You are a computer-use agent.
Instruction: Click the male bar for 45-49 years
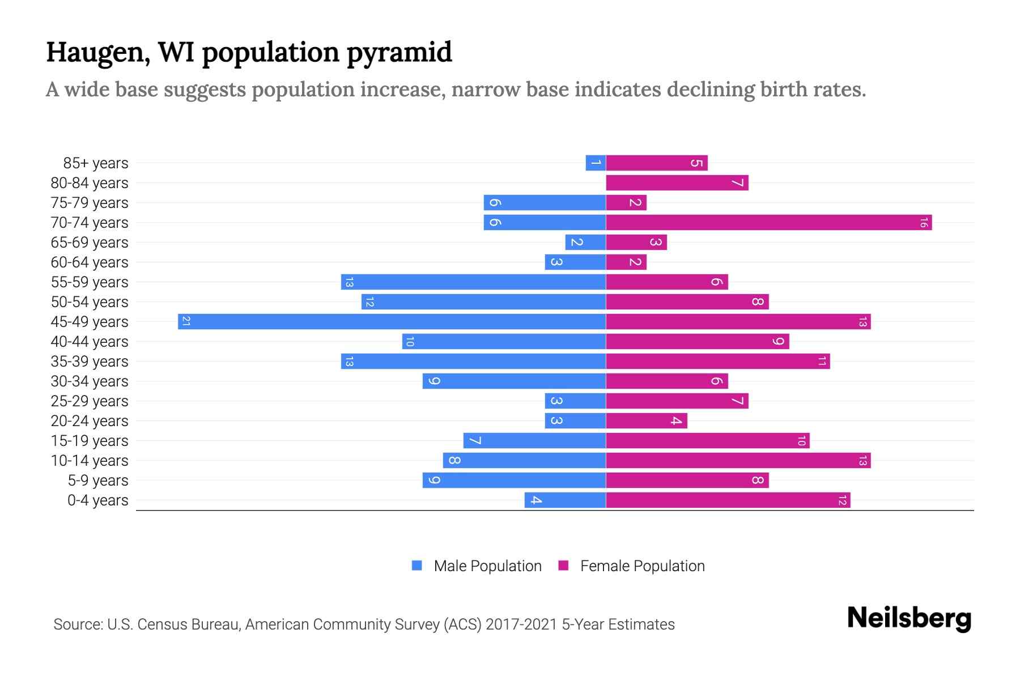point(392,322)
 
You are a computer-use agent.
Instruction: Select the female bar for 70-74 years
point(768,223)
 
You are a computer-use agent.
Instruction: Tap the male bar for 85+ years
point(596,163)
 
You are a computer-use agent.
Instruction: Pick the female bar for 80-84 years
point(677,183)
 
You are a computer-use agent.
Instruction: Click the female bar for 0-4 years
point(728,500)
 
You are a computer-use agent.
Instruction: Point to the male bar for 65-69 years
point(585,243)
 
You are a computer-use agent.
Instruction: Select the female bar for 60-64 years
point(626,262)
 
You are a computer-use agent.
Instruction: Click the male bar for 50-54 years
point(483,302)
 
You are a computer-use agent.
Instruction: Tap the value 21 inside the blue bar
point(186,322)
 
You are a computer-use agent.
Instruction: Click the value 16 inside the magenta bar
point(923,223)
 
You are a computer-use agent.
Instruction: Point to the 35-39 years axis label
point(90,362)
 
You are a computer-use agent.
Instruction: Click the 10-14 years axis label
point(90,461)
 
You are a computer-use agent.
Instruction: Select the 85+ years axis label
point(96,163)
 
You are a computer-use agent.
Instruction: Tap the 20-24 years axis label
point(90,421)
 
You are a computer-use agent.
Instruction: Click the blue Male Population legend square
point(417,566)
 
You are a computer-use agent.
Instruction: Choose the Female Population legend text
point(642,566)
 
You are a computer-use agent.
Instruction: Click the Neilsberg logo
point(909,618)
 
